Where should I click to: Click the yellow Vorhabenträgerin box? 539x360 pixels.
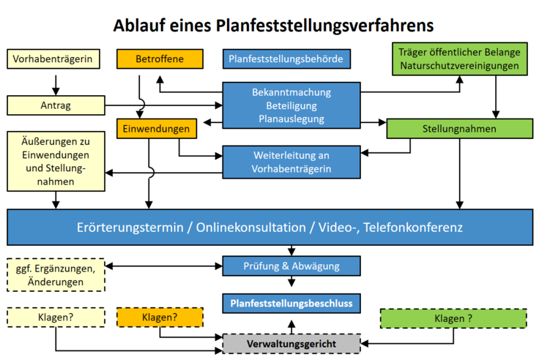click(53, 59)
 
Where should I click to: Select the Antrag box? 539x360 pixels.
click(56, 105)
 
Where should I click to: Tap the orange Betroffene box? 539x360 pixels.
click(160, 59)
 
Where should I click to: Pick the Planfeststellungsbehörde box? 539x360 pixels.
click(286, 59)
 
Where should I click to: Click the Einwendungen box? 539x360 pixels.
click(157, 129)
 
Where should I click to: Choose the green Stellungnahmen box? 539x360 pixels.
click(460, 129)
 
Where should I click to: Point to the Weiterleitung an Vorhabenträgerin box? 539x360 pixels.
click(291, 162)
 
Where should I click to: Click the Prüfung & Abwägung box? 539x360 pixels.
click(291, 266)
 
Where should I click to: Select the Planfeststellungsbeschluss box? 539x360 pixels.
click(291, 304)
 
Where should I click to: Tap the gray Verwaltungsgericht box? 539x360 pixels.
click(291, 343)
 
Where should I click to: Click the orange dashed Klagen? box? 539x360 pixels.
click(160, 317)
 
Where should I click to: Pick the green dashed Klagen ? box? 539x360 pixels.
click(453, 318)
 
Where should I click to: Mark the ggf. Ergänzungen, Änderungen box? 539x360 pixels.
click(56, 275)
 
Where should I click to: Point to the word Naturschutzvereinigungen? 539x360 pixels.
click(460, 66)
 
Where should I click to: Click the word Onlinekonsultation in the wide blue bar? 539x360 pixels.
click(250, 228)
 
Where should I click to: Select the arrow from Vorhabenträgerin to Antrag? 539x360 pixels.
click(56, 85)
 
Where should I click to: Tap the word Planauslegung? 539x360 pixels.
click(291, 119)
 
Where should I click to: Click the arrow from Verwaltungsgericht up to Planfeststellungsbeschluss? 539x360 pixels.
click(291, 327)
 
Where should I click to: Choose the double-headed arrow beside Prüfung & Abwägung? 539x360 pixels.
click(163, 266)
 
